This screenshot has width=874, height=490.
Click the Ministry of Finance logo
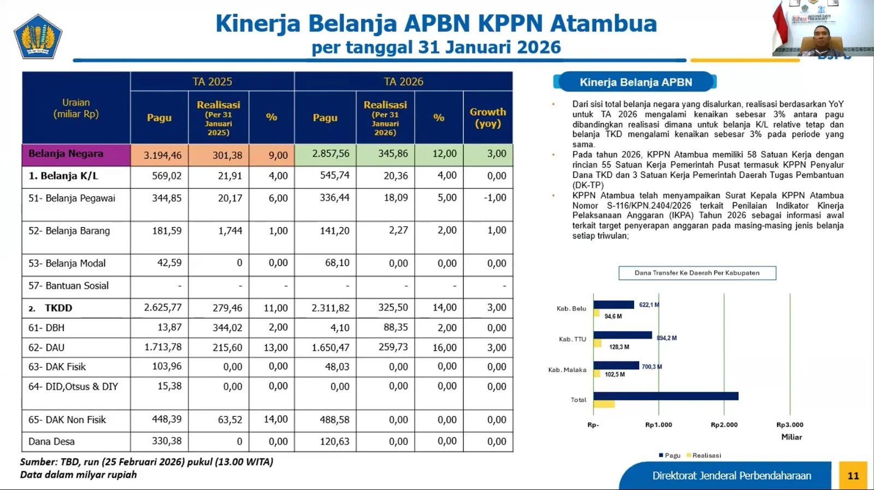pyautogui.click(x=38, y=37)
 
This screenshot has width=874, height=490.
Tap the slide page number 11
pyautogui.click(x=853, y=476)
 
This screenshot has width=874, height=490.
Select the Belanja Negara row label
pyautogui.click(x=66, y=154)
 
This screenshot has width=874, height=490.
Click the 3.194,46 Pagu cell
pyautogui.click(x=162, y=156)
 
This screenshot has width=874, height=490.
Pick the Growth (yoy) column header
pyautogui.click(x=488, y=117)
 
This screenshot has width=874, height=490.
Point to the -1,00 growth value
pyautogui.click(x=494, y=198)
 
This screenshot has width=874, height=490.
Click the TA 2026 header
pyautogui.click(x=403, y=82)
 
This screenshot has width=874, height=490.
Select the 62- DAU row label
pyautogui.click(x=46, y=348)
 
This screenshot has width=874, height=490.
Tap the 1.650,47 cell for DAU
pyautogui.click(x=330, y=348)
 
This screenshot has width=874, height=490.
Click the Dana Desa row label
pyautogui.click(x=51, y=441)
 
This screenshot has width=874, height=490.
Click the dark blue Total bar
pyautogui.click(x=665, y=396)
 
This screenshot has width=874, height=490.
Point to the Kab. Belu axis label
pyautogui.click(x=571, y=309)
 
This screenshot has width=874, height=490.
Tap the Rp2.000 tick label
pyautogui.click(x=724, y=425)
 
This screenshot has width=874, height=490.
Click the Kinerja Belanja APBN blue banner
pyautogui.click(x=635, y=82)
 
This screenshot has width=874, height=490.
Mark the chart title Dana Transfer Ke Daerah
pyautogui.click(x=697, y=273)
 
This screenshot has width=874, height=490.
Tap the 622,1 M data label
pyautogui.click(x=649, y=304)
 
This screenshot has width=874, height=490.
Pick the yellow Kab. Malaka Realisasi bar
pyautogui.click(x=597, y=374)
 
